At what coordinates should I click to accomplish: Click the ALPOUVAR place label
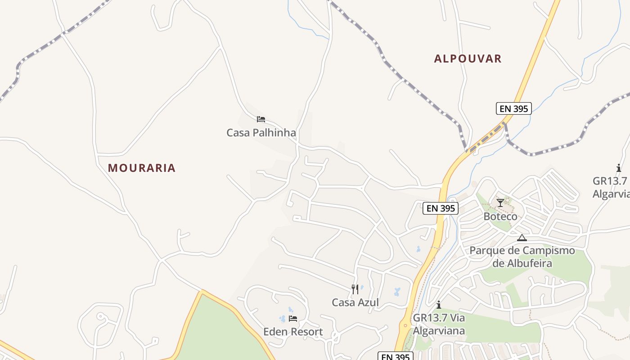pyautogui.click(x=468, y=58)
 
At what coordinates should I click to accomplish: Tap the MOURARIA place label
pyautogui.click(x=141, y=168)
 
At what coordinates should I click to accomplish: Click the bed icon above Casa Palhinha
pyautogui.click(x=261, y=119)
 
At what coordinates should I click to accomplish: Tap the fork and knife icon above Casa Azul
pyautogui.click(x=355, y=289)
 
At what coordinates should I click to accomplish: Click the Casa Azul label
pyautogui.click(x=355, y=302)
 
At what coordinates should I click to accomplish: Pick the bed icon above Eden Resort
pyautogui.click(x=293, y=319)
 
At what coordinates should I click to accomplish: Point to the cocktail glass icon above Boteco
pyautogui.click(x=500, y=203)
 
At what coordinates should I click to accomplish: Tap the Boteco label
pyautogui.click(x=500, y=216)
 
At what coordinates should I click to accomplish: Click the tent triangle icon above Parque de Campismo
pyautogui.click(x=522, y=238)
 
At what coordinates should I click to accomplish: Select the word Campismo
pyautogui.click(x=546, y=251)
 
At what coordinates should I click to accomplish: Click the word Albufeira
pyautogui.click(x=522, y=263)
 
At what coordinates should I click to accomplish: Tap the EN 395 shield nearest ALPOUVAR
pyautogui.click(x=514, y=108)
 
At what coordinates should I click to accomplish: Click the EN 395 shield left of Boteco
pyautogui.click(x=441, y=208)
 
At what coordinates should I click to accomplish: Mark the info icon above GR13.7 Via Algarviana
pyautogui.click(x=439, y=305)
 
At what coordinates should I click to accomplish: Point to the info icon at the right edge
pyautogui.click(x=619, y=168)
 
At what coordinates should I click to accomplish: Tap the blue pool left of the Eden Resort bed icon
pyautogui.click(x=283, y=319)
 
